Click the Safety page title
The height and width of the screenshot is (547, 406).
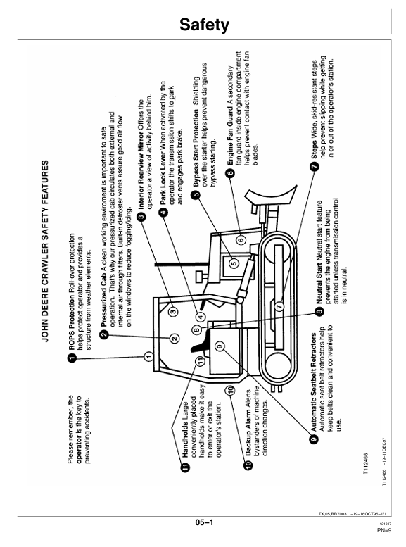point(204,25)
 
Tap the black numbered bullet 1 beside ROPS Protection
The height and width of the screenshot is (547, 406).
point(72,358)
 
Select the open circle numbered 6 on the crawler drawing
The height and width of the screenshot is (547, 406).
point(241,240)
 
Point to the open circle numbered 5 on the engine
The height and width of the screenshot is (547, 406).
point(234,263)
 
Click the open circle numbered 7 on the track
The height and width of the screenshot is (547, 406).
point(279,306)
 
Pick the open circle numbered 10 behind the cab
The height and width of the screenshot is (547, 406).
point(229,391)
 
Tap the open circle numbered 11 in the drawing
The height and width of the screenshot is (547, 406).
point(200,361)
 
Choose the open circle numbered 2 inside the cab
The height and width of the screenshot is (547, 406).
point(175,338)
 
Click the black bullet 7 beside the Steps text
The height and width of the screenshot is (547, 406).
point(315,167)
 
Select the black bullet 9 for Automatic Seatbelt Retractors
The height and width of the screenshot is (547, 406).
point(314,439)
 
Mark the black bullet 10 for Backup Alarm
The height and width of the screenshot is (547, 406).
point(248,465)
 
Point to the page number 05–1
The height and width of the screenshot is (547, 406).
point(204,522)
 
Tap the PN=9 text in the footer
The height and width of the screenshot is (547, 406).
point(384,531)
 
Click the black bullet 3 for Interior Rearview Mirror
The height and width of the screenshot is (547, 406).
point(141,217)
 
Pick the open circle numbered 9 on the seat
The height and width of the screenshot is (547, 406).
point(220,347)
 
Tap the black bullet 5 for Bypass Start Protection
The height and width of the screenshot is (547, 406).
point(196,194)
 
